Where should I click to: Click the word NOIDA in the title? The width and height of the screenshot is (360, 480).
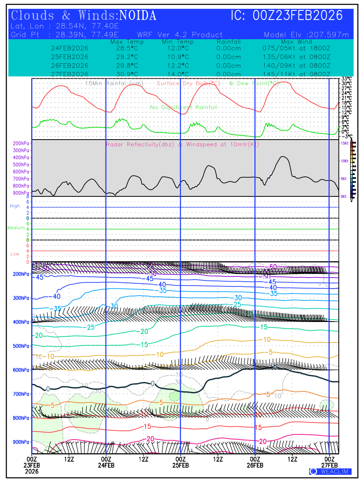pos(138,16)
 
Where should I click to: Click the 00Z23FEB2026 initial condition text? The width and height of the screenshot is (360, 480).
pos(298,16)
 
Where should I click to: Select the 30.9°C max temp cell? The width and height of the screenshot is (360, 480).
pos(124,74)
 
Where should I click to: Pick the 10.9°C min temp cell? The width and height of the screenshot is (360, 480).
pos(178,57)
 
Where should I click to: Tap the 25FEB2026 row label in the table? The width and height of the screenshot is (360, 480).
pos(70,57)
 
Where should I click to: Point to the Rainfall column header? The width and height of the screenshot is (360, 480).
pos(228,42)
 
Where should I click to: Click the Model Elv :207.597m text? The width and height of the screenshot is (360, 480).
pos(306,35)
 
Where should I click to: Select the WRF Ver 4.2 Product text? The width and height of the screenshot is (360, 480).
pos(180,35)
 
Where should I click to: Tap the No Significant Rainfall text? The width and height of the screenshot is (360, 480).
pos(184,107)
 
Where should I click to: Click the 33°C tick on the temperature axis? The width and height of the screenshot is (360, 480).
pos(346,79)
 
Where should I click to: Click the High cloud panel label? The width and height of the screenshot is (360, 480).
pos(15,206)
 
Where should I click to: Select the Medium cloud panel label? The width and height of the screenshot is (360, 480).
pos(16,228)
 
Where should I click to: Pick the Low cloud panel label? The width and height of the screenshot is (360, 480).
pos(15,254)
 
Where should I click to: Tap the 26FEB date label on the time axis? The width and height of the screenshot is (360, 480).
pos(255,465)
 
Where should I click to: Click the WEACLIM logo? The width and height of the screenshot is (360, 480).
pos(330,472)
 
